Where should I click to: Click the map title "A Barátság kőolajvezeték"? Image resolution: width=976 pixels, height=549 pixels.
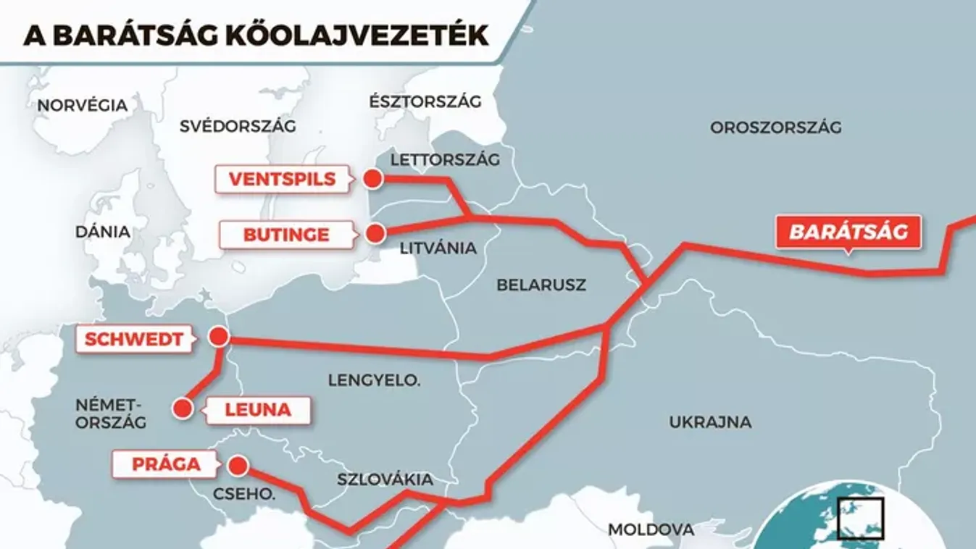(256, 35)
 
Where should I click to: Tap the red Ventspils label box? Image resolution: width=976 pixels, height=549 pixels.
(282, 179)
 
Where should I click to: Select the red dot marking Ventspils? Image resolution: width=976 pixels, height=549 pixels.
(372, 179)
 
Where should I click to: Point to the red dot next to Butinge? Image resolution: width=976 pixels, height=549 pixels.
(375, 233)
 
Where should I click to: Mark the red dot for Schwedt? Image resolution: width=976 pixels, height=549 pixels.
(218, 337)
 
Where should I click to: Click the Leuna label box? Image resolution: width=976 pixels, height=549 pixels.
(258, 410)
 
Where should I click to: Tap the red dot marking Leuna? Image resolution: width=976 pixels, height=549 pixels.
(182, 409)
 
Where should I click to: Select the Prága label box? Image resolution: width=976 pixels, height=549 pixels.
(165, 464)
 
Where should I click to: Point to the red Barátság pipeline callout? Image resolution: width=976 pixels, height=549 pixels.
(848, 232)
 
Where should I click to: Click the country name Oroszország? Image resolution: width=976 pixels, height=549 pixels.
(775, 128)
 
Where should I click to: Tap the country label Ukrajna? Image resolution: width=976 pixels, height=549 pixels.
(710, 422)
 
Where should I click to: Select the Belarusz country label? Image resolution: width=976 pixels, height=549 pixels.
(541, 285)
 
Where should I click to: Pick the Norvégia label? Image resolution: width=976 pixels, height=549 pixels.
(82, 106)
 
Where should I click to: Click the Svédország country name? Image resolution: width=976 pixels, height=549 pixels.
(238, 126)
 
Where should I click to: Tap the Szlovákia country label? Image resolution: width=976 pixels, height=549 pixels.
(385, 479)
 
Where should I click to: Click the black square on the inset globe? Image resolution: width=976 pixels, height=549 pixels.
(860, 519)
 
